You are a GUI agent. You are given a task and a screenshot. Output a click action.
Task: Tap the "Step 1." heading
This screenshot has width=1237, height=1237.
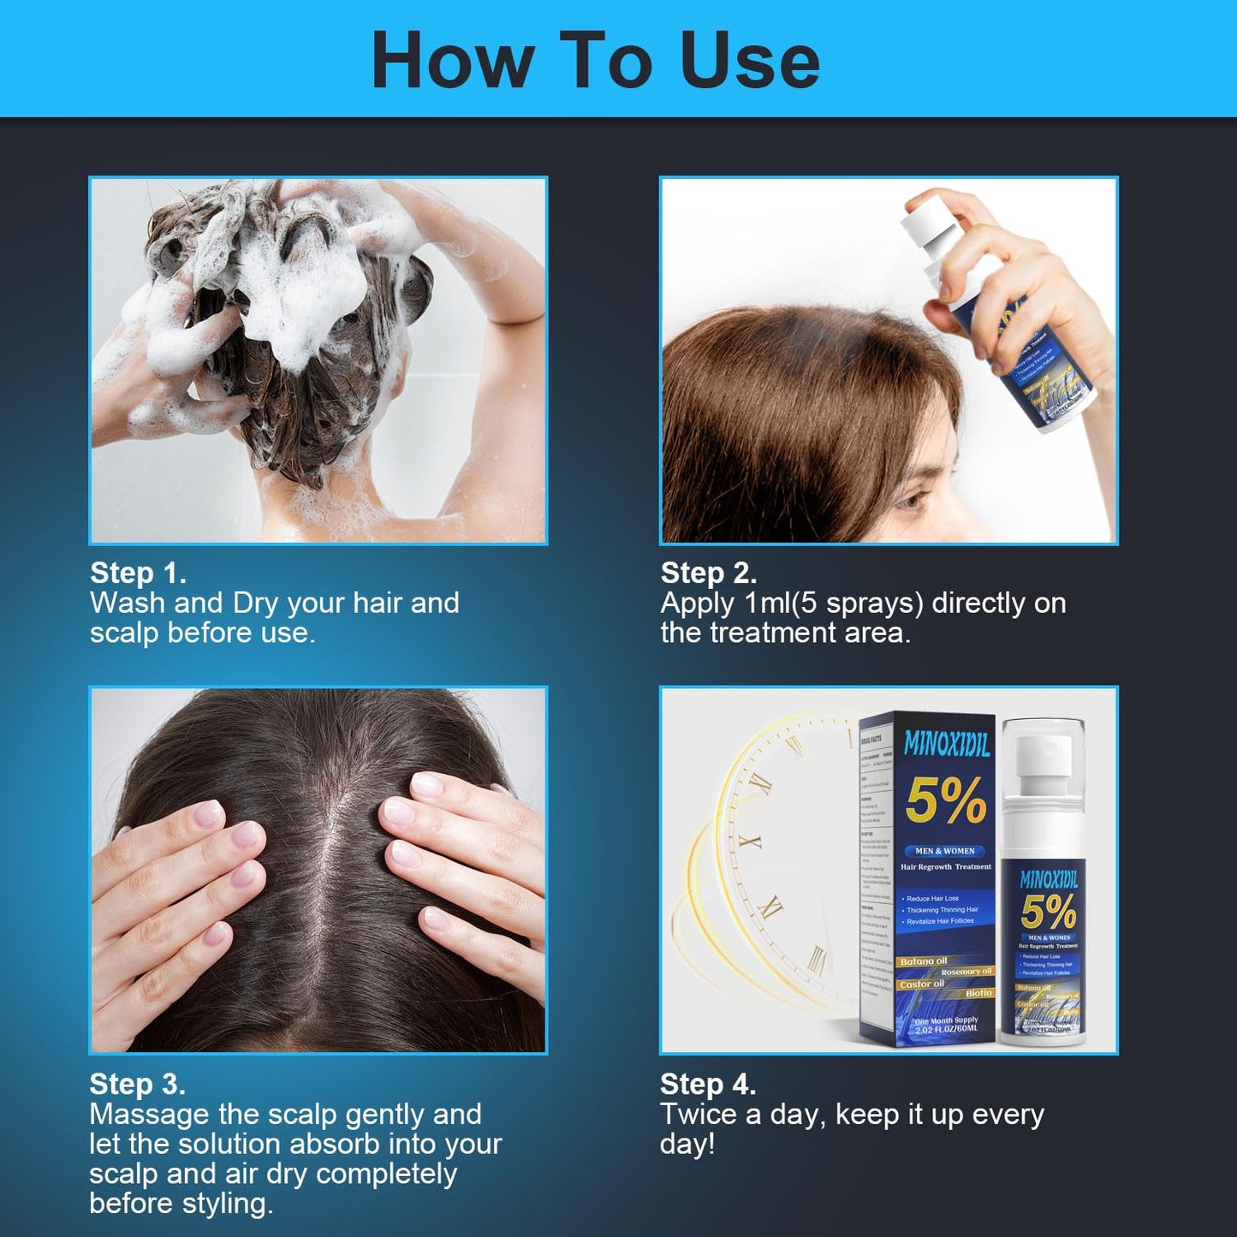[138, 573]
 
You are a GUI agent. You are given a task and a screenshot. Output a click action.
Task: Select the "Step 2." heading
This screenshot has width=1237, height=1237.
[708, 573]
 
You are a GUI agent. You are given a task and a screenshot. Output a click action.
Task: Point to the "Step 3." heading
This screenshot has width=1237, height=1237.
[137, 1084]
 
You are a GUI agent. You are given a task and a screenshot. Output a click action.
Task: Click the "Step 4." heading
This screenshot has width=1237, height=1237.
[707, 1084]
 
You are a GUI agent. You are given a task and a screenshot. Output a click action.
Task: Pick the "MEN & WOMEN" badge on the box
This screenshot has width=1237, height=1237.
[944, 851]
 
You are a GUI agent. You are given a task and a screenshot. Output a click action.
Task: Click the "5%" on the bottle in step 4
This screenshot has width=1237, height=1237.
[1048, 913]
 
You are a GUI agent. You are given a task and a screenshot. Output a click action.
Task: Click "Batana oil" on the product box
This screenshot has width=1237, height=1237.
[923, 961]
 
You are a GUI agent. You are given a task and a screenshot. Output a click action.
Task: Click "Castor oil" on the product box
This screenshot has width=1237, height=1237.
[921, 984]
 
